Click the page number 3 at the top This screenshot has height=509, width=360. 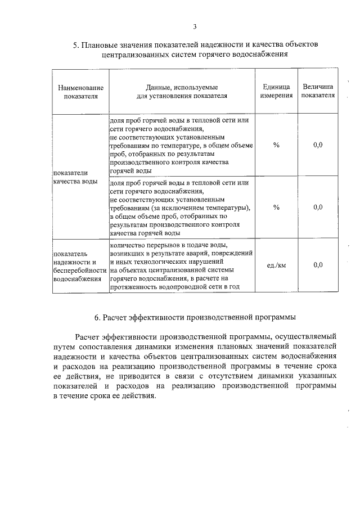click(195, 26)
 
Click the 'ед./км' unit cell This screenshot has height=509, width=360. click(276, 265)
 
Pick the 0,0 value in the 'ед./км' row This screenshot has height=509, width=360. click(318, 265)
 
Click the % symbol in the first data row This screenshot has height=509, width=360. click(276, 145)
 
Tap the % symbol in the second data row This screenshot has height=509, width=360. click(276, 207)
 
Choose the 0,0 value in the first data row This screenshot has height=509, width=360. click(318, 145)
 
